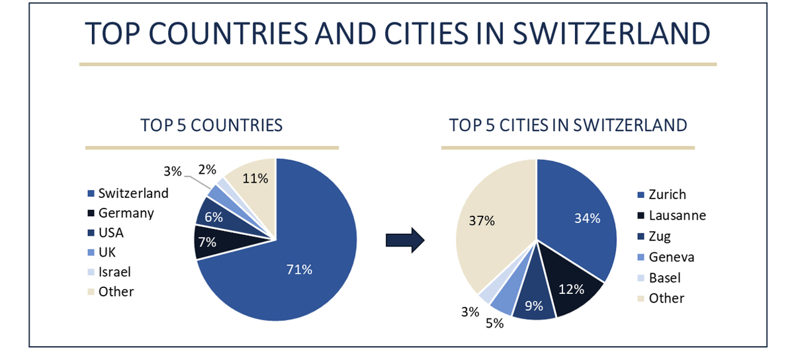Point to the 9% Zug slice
534,306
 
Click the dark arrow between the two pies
404,240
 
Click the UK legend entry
107,253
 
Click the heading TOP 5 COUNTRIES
212,125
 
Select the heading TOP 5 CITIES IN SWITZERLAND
568,125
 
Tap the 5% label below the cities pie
494,323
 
